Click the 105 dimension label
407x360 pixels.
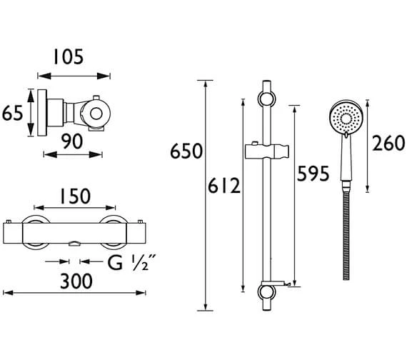[x=74, y=56]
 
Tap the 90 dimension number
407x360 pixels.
[x=73, y=142]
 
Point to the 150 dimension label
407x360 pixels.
[x=74, y=196]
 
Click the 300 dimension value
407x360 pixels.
[x=74, y=281]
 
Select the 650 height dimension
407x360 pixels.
[x=186, y=151]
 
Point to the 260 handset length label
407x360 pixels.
[x=388, y=145]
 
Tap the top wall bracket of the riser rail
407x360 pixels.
[x=267, y=97]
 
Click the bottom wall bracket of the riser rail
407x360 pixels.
[x=267, y=294]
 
